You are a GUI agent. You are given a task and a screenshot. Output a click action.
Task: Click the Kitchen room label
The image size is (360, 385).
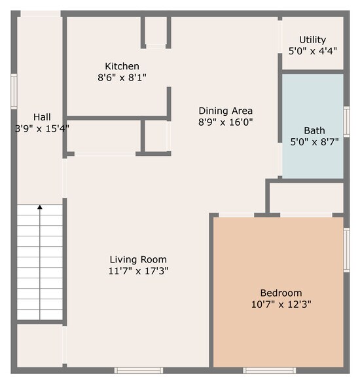[122, 66]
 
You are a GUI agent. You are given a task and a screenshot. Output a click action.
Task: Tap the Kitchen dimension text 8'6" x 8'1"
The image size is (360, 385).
[122, 77]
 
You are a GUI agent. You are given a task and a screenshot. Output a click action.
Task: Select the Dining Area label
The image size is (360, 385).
[225, 111]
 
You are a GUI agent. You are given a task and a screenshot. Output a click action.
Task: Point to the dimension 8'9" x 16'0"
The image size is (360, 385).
[225, 122]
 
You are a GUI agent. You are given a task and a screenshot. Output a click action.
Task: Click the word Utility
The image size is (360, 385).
[312, 40]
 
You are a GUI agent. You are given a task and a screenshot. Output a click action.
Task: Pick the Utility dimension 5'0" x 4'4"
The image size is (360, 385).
[312, 50]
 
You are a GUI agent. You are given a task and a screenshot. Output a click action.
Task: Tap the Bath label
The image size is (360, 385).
[314, 130]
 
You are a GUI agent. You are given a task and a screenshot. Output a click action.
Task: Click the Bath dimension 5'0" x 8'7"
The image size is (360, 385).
[314, 141]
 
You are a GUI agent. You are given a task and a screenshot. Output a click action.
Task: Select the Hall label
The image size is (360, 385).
[42, 117]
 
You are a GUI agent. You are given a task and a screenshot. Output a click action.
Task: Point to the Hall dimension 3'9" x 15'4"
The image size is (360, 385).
[42, 128]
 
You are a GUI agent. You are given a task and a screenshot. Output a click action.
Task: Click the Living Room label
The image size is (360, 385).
[138, 259]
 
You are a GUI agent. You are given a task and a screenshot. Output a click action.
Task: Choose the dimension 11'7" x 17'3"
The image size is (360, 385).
[138, 270]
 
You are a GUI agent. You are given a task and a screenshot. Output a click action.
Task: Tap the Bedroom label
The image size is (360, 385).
[281, 293]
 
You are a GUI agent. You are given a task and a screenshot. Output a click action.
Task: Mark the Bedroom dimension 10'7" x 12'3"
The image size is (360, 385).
[281, 304]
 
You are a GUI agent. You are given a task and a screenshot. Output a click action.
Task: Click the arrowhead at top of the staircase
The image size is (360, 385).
[40, 208]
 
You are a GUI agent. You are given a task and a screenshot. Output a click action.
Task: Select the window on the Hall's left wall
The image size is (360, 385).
[14, 90]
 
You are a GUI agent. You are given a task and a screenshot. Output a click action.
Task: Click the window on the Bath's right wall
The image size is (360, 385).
[346, 121]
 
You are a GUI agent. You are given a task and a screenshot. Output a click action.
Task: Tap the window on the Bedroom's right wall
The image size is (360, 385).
[346, 249]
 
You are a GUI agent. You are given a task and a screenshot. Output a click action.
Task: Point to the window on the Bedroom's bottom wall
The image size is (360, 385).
[270, 370]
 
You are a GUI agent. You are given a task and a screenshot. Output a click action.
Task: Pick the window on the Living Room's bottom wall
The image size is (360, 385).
[138, 370]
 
